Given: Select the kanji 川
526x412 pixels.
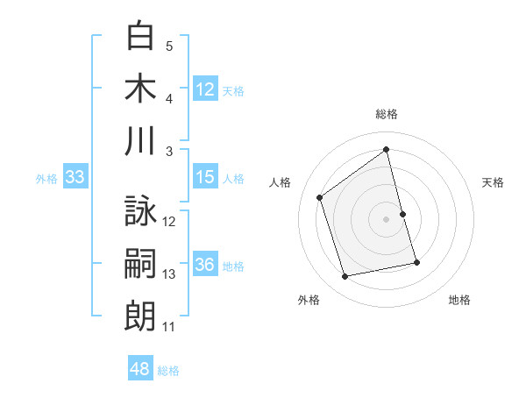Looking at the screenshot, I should [140, 141].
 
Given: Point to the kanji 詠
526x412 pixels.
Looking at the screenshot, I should [140, 211].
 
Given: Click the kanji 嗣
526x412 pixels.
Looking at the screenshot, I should [140, 264].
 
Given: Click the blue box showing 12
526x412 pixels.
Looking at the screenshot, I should [205, 89].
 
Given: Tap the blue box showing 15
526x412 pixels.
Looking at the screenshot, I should [205, 178].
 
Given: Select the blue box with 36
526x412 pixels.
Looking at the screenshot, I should [205, 266].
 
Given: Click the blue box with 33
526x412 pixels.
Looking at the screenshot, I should [75, 178].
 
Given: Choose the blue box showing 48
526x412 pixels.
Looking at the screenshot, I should [140, 369].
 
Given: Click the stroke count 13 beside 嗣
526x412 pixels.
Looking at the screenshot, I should [169, 274].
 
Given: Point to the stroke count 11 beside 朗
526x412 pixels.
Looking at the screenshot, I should [169, 327].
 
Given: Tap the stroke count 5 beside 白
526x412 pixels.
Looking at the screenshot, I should [169, 46].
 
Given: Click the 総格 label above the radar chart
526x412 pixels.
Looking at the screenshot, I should [387, 114].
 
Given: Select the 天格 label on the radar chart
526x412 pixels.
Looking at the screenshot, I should [494, 182].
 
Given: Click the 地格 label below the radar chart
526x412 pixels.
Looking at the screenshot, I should [459, 300].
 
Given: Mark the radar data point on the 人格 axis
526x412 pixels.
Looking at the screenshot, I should [320, 198].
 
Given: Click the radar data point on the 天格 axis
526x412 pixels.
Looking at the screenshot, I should [402, 214].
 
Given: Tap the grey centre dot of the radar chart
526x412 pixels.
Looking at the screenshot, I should [387, 219].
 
